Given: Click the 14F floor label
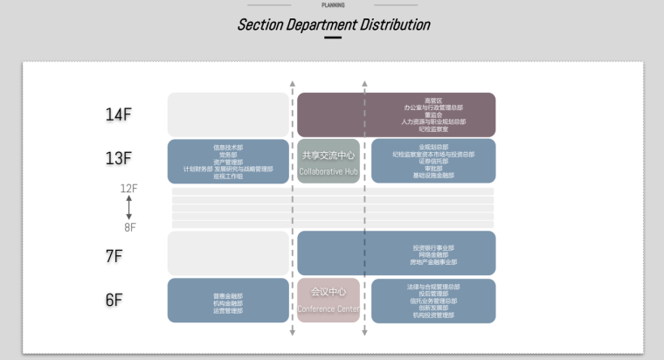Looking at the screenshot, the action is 118,114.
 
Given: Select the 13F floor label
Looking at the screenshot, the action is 118,159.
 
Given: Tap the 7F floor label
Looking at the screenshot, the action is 114,256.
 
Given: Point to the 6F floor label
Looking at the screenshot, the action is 114,301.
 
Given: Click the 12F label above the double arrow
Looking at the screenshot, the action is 129,189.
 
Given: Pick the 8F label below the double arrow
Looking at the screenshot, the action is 129,227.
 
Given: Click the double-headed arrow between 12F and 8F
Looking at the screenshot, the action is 129,208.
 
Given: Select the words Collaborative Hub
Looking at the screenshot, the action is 329,171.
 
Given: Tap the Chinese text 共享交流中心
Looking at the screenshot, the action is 329,156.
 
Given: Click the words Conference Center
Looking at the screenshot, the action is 328,308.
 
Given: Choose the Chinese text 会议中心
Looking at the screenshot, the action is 329,292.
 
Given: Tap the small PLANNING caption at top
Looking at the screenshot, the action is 333,5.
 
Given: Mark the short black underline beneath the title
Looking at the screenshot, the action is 333,38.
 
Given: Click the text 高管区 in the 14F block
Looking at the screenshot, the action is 433,100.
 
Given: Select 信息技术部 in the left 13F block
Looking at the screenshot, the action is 228,148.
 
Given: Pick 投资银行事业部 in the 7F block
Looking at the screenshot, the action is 433,248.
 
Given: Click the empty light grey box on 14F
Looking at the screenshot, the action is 228,114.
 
